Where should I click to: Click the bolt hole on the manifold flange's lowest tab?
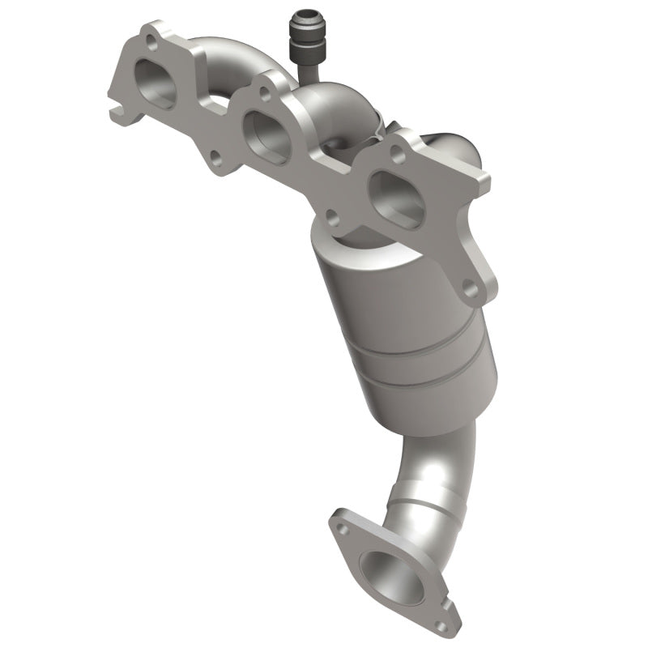click(468, 285)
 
